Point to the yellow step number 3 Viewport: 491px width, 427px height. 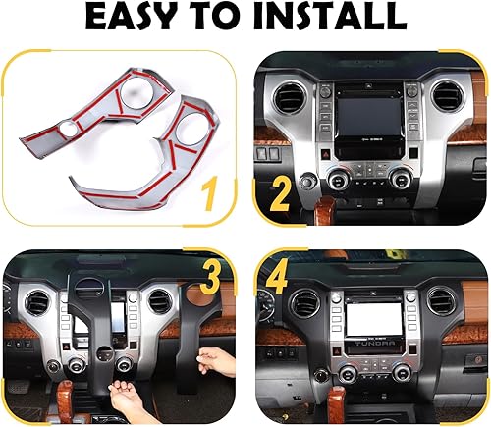210,277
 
